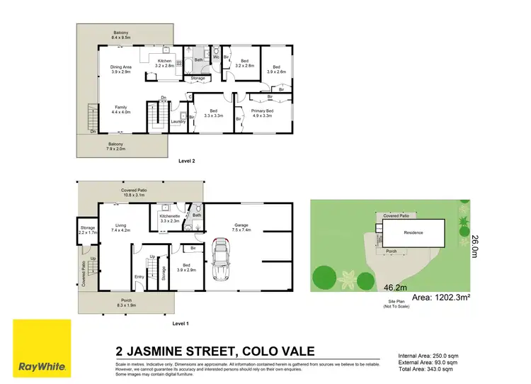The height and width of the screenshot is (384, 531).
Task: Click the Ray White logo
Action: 42,348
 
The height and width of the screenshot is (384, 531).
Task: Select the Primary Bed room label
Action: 260,114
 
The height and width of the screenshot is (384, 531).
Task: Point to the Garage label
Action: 242,227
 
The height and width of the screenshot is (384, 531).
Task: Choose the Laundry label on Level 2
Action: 178,121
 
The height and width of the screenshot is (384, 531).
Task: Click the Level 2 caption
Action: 185,162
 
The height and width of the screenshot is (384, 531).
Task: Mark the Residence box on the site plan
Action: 413,232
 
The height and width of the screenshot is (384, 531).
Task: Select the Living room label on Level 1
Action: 120,228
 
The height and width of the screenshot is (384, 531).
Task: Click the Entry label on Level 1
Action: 139,277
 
